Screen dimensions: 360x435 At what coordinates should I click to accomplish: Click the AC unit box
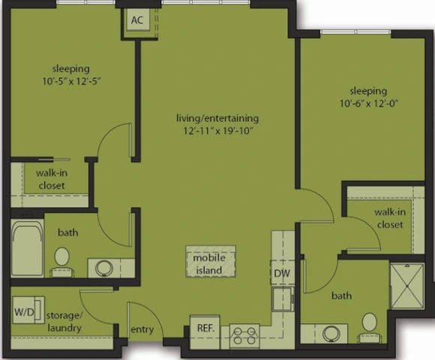coord(136,21)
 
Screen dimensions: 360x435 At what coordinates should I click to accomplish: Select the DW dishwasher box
coord(280,274)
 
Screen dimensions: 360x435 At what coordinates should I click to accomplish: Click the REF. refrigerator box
coord(205,328)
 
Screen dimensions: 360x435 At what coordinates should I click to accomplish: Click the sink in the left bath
coord(102,267)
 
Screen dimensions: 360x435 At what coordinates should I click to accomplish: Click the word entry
coord(142,329)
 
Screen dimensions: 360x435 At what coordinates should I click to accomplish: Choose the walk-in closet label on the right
coord(389,218)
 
